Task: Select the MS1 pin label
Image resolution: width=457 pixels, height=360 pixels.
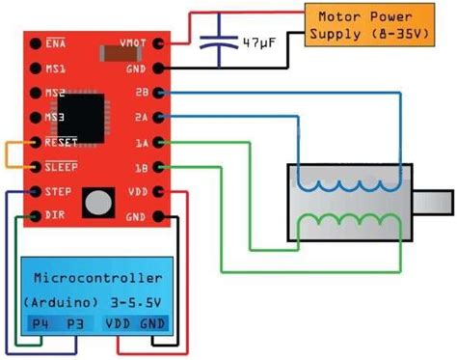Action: pyautogui.click(x=54, y=69)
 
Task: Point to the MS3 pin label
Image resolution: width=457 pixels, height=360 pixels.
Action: pyautogui.click(x=54, y=118)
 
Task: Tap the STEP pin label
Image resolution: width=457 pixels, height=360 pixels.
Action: pyautogui.click(x=56, y=191)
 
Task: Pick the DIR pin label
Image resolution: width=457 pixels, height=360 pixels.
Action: pyautogui.click(x=54, y=214)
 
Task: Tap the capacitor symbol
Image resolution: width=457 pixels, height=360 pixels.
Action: pyautogui.click(x=221, y=43)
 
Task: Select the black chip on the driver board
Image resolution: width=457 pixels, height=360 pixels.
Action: pyautogui.click(x=92, y=109)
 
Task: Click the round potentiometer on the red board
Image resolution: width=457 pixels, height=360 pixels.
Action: pyautogui.click(x=97, y=201)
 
